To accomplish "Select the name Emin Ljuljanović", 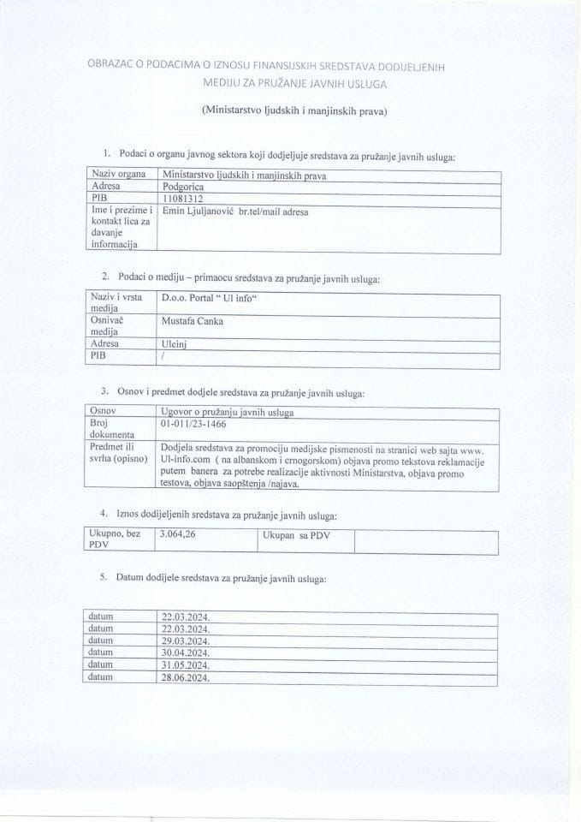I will coord(193,211).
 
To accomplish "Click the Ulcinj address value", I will coord(174,344).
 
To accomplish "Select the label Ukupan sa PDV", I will coord(296,537).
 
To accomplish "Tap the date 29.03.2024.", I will coord(186,640).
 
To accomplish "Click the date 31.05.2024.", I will coord(186,665).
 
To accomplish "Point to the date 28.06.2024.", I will coord(186,678).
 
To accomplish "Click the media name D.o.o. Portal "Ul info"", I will coord(209,299).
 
